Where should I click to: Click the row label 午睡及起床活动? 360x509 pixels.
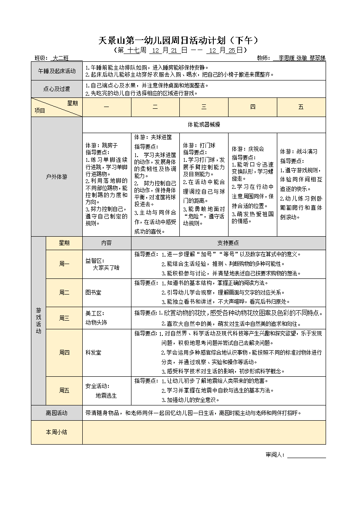click(x=57, y=71)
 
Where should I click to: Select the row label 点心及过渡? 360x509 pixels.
click(x=57, y=89)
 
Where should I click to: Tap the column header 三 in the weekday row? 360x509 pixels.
click(x=204, y=107)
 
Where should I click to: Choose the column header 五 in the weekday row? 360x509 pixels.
click(x=301, y=107)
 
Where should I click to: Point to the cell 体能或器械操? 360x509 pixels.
click(x=204, y=124)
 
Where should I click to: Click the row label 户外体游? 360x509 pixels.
click(x=57, y=177)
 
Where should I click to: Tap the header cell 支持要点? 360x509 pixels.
click(x=228, y=243)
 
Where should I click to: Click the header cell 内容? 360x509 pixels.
click(x=106, y=243)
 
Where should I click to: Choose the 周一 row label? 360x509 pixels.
click(x=64, y=264)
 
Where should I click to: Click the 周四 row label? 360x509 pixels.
click(x=64, y=352)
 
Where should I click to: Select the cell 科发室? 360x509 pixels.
click(x=93, y=352)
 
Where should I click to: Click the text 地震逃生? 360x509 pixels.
click(x=106, y=395)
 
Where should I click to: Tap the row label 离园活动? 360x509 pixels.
click(x=57, y=413)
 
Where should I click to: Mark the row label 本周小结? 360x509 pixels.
click(x=57, y=432)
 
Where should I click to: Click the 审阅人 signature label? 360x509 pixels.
click(x=275, y=455)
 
